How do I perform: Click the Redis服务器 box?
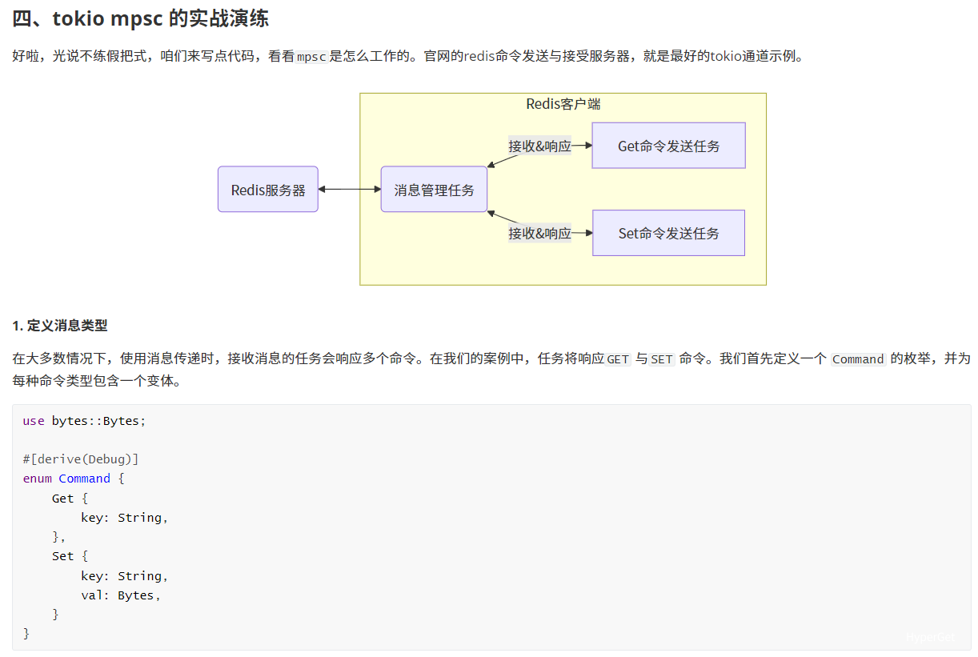pyautogui.click(x=268, y=190)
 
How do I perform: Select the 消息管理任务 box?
pyautogui.click(x=434, y=190)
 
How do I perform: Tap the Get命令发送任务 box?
pyautogui.click(x=668, y=146)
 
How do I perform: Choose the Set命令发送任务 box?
pyautogui.click(x=668, y=233)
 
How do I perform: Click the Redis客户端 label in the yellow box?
pyautogui.click(x=563, y=104)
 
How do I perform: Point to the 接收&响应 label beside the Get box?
pyautogui.click(x=540, y=146)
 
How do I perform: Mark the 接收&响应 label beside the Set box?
pyautogui.click(x=540, y=233)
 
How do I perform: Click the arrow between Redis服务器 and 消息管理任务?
pyautogui.click(x=350, y=190)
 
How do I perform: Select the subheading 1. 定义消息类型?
pyautogui.click(x=60, y=326)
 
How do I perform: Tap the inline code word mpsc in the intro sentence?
pyautogui.click(x=311, y=57)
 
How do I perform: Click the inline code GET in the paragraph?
pyautogui.click(x=618, y=359)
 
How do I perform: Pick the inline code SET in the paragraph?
pyautogui.click(x=662, y=359)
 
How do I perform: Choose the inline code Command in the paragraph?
pyautogui.click(x=857, y=359)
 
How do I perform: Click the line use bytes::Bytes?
pyautogui.click(x=84, y=421)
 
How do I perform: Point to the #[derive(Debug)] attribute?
pyautogui.click(x=81, y=459)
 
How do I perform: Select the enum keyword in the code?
pyautogui.click(x=38, y=479)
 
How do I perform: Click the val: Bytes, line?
pyautogui.click(x=120, y=595)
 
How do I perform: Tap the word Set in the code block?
pyautogui.click(x=62, y=556)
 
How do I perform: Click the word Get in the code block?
pyautogui.click(x=62, y=499)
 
